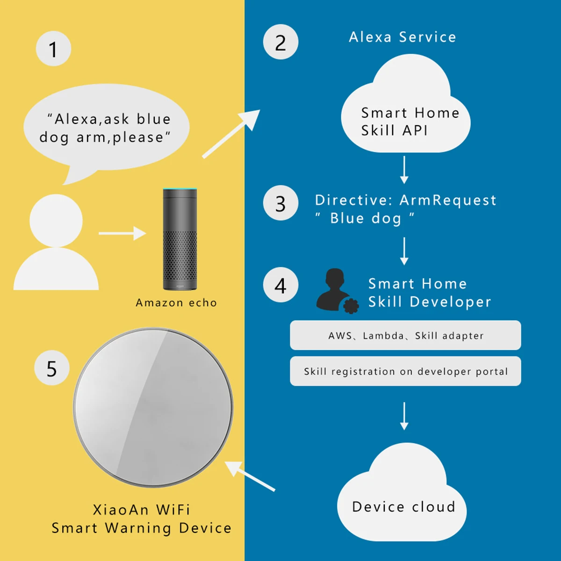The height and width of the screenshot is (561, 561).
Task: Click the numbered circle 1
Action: tap(53, 49)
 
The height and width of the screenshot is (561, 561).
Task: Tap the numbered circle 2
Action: tap(280, 42)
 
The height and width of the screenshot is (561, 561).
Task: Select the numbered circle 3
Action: tap(280, 203)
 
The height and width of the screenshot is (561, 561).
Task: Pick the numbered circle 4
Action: tap(280, 285)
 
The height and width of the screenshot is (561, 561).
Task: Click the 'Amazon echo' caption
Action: tap(176, 303)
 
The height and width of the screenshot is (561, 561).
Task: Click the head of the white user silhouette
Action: tap(56, 220)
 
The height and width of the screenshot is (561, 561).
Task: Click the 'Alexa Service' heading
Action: tap(402, 37)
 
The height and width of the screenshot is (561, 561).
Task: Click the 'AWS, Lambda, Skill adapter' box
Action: tap(405, 335)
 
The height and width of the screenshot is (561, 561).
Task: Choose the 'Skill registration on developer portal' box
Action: tap(405, 371)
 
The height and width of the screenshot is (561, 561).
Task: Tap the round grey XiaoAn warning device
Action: tap(153, 407)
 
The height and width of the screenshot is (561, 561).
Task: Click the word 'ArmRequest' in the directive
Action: tap(447, 200)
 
